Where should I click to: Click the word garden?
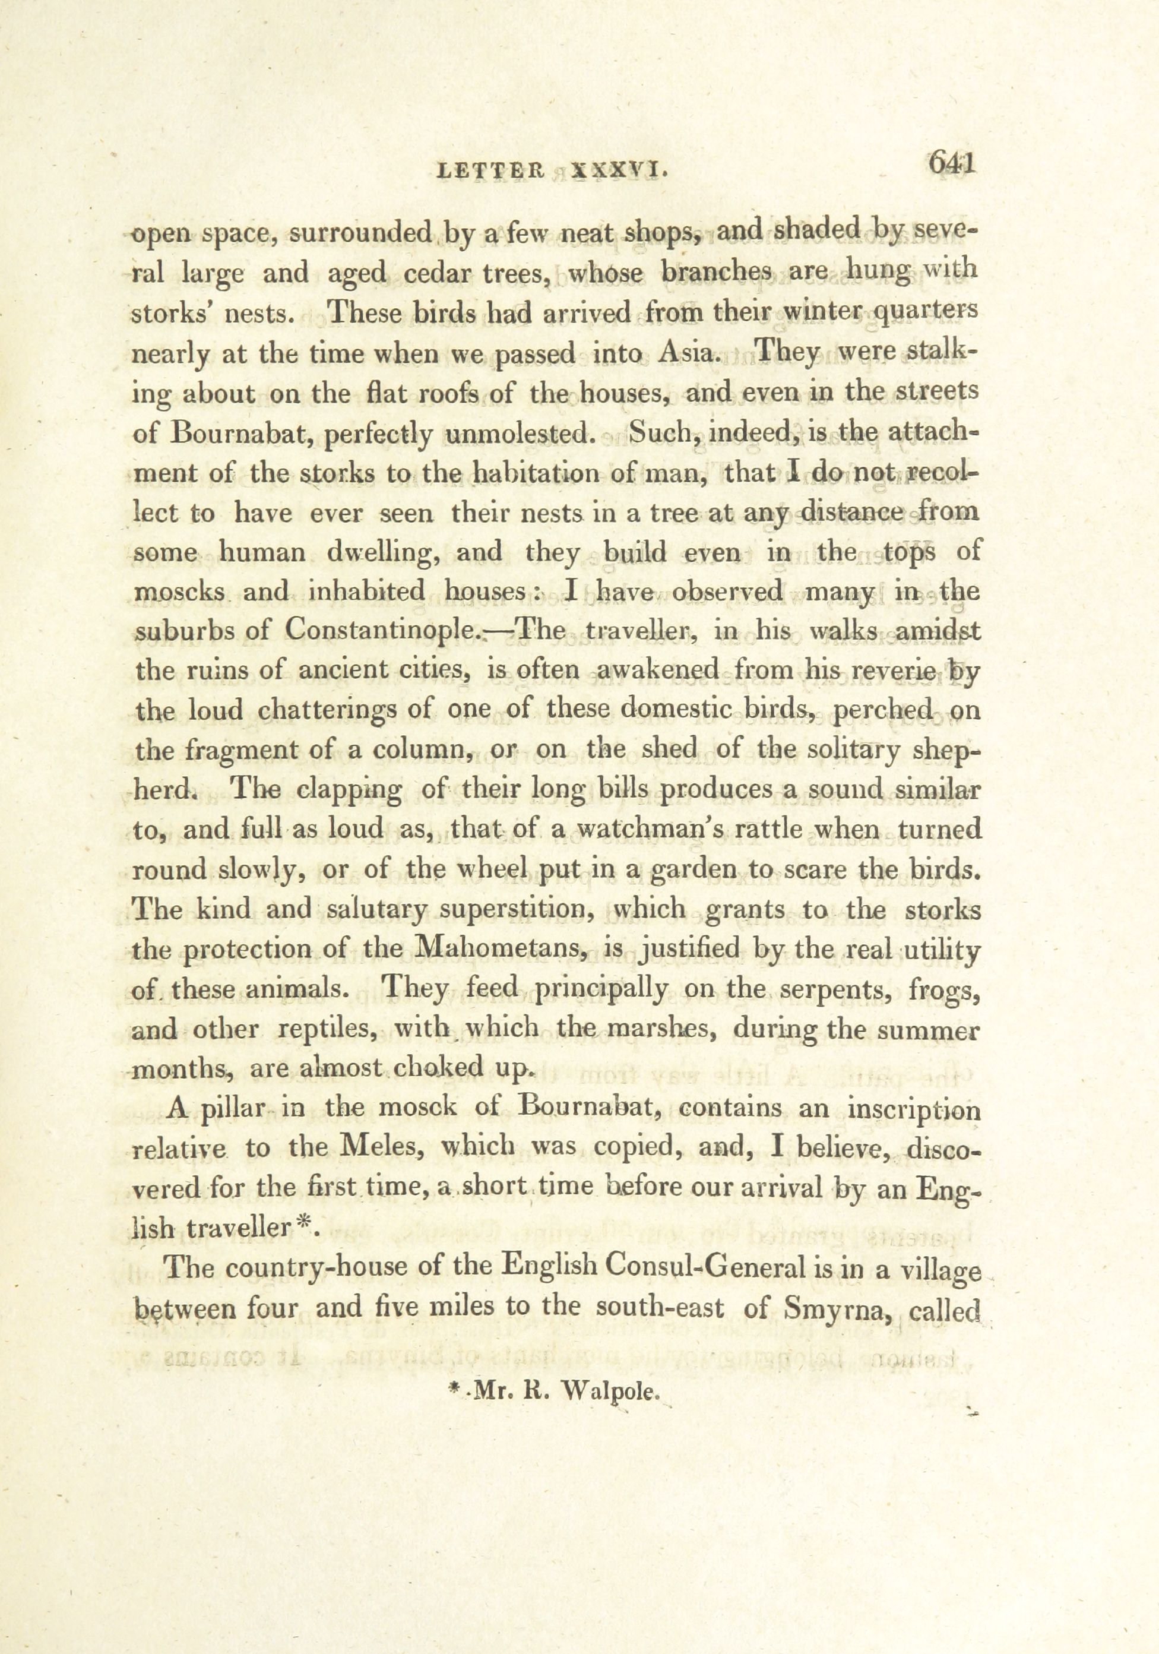[693, 869]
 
